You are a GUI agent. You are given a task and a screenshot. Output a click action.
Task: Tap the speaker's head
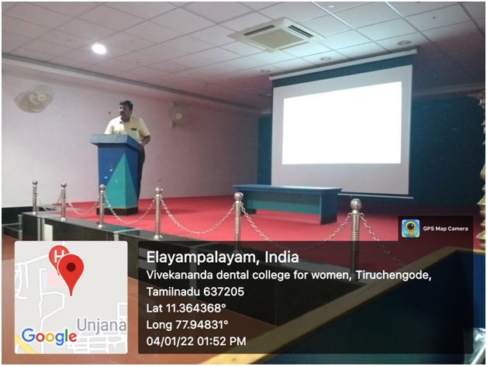coord(126,109)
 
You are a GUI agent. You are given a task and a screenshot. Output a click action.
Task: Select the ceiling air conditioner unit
coord(275,34)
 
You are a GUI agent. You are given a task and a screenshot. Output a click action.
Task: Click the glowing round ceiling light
coord(98,49)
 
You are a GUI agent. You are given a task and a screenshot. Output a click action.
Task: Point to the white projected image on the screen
coord(342,123)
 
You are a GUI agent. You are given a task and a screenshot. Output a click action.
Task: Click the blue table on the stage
coord(287,202)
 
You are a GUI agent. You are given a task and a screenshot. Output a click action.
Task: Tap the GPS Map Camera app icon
coord(410,228)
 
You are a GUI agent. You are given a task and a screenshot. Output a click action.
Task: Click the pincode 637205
coord(223,292)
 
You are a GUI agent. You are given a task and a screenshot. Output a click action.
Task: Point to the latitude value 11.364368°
coord(195,308)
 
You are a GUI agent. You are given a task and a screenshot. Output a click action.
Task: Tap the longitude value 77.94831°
coord(202,325)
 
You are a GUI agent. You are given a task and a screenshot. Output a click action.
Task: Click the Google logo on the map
coord(49,337)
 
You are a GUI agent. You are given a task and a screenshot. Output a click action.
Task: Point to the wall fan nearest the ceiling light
coord(33,98)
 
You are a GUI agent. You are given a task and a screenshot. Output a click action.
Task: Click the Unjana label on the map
coord(102,325)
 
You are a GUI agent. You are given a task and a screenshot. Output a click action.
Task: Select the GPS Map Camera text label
coord(445,229)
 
